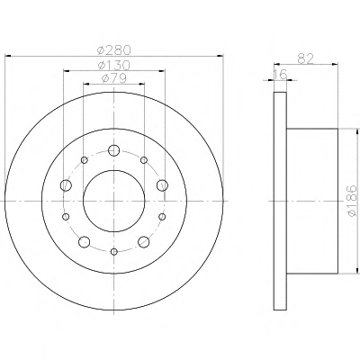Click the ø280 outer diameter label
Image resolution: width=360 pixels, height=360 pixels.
114,49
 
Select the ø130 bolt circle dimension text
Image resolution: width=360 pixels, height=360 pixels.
114,65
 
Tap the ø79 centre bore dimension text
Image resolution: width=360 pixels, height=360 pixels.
114,78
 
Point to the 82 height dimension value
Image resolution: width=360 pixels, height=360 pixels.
306,58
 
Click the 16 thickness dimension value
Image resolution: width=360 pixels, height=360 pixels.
281,74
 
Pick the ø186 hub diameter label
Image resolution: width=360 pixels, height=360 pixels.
352,201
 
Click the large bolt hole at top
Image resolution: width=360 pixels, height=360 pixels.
114,150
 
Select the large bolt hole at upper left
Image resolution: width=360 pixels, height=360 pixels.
66,185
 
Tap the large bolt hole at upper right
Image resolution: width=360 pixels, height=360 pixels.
162,185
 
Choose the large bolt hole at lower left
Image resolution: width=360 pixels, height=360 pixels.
85,241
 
